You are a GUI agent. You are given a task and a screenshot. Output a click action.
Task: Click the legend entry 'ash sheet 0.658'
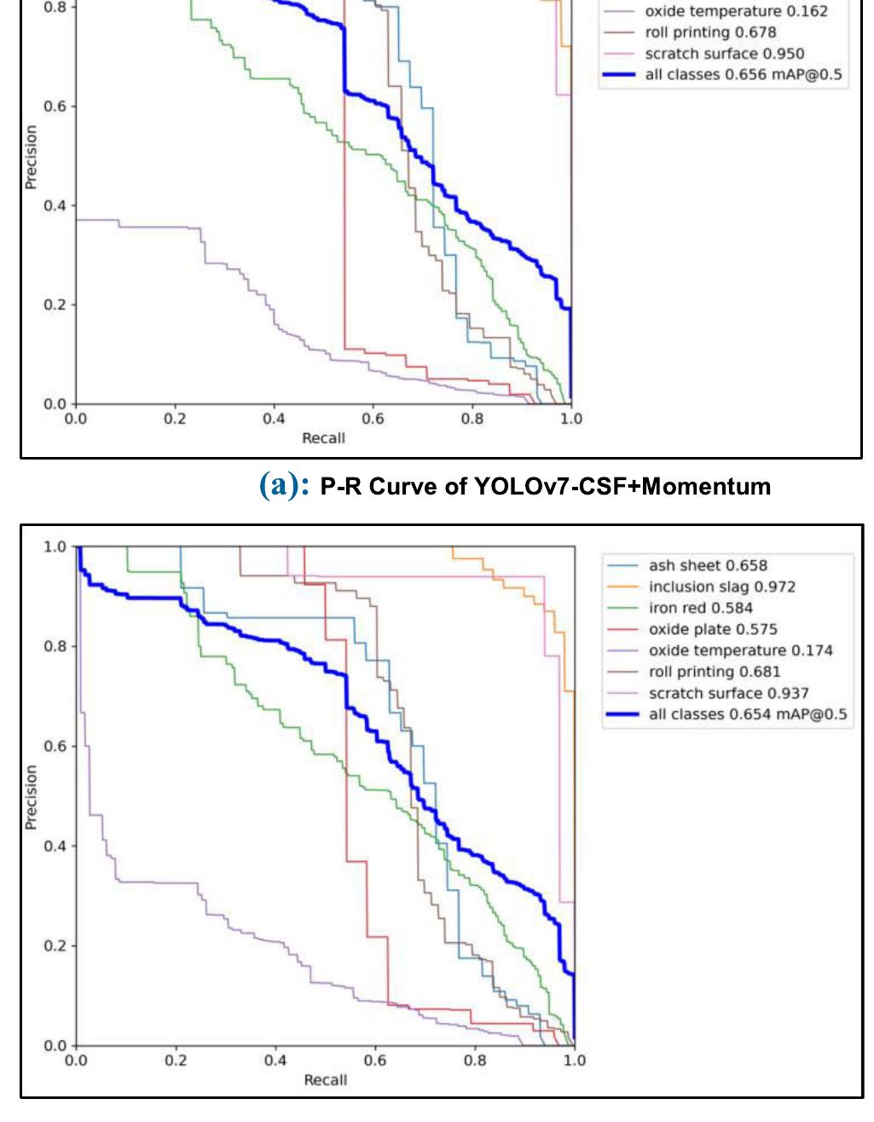pyautogui.click(x=708, y=565)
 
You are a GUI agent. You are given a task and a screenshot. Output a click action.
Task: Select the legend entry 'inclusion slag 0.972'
pyautogui.click(x=721, y=587)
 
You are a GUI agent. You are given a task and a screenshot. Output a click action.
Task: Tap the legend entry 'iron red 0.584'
pyautogui.click(x=700, y=608)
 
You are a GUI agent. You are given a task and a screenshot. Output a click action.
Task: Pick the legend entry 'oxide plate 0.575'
pyautogui.click(x=713, y=629)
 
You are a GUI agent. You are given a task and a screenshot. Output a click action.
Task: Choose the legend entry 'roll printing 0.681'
pyautogui.click(x=714, y=672)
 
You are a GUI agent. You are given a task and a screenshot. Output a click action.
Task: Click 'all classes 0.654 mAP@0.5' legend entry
pyautogui.click(x=748, y=714)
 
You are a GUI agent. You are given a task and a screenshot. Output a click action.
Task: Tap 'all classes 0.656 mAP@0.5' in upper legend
pyautogui.click(x=743, y=74)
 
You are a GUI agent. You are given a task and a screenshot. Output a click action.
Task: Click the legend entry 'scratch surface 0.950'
pyautogui.click(x=724, y=54)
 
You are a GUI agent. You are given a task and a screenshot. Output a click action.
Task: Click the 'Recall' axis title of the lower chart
pyautogui.click(x=325, y=1080)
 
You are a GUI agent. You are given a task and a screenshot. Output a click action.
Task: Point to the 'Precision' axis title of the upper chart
pyautogui.click(x=32, y=157)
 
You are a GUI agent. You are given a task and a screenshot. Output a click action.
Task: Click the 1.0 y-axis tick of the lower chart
pyautogui.click(x=55, y=547)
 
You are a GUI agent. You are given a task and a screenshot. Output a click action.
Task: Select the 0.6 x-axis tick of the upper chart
pyautogui.click(x=373, y=419)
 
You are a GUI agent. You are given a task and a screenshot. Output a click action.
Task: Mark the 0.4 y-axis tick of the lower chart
pyautogui.click(x=55, y=846)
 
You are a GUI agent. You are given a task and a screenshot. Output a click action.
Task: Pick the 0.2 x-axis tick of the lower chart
pyautogui.click(x=176, y=1061)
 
